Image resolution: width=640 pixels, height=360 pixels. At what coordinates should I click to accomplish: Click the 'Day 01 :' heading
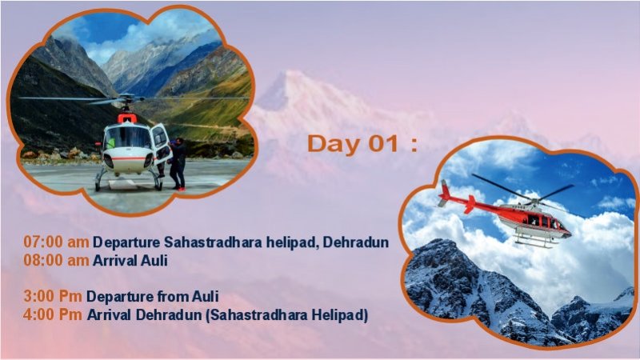tap(362, 144)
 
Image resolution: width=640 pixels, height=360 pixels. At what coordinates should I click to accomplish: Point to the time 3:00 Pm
tap(53, 296)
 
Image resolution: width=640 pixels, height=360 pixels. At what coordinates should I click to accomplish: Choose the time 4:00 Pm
tap(53, 314)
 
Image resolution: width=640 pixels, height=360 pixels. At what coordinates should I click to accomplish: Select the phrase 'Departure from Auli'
tap(153, 296)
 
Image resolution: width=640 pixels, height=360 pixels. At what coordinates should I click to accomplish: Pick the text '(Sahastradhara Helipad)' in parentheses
tap(286, 314)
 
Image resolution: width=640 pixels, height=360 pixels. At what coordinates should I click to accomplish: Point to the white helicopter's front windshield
tap(128, 138)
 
